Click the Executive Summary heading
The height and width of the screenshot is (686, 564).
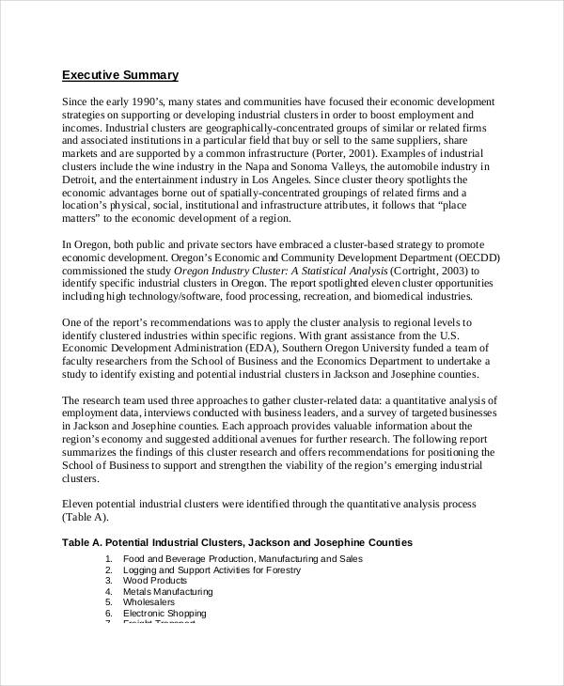coord(119,74)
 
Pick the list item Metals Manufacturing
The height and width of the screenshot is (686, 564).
coord(167,592)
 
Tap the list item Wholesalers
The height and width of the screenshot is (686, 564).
coord(148,602)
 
